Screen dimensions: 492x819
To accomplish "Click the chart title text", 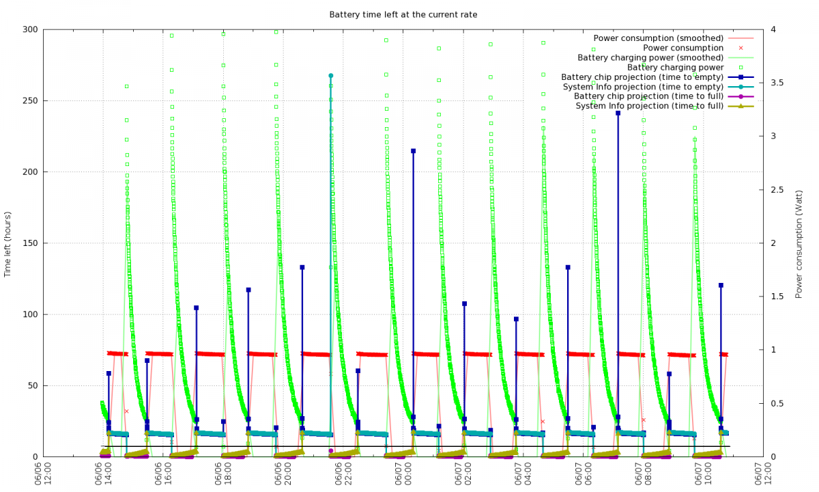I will tap(403, 14).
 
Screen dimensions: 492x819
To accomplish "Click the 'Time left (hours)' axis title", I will tap(8, 243).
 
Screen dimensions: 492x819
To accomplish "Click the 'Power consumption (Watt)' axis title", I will tap(799, 243).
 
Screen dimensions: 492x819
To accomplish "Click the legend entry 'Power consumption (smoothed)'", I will tap(658, 38).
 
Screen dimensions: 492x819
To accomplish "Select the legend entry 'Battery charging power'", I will tap(675, 67).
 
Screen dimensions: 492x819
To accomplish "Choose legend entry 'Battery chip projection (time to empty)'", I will tap(642, 77).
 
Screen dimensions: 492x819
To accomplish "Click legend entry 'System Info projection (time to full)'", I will tap(649, 106).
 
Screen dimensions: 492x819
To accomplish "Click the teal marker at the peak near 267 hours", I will tap(331, 76).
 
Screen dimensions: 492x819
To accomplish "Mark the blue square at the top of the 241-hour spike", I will tap(618, 113).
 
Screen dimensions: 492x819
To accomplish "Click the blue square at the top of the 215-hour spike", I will tap(413, 151).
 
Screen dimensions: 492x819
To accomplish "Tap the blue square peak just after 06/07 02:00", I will tap(465, 303).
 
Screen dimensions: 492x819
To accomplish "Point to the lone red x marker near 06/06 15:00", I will tap(126, 411).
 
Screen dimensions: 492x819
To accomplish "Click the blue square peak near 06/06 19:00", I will tap(248, 290).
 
